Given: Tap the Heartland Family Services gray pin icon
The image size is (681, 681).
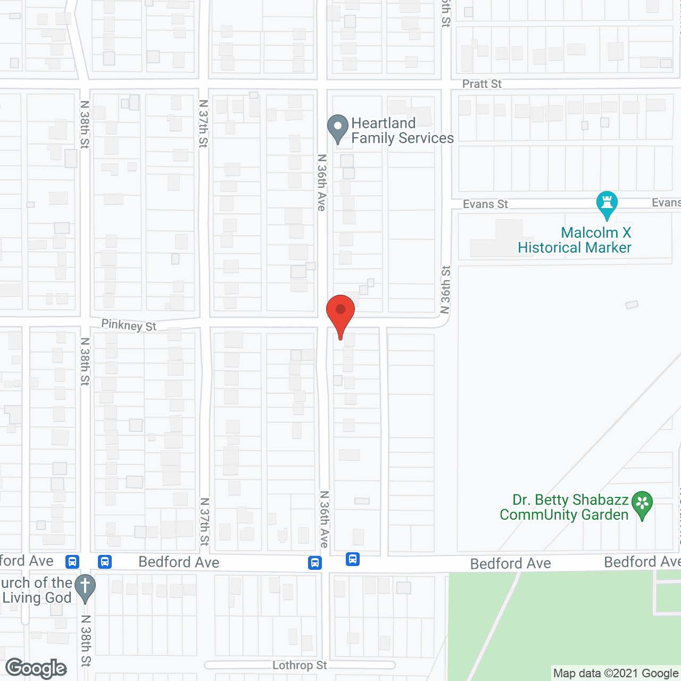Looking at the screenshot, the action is coord(337,128).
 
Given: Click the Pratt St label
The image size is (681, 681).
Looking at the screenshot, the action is coord(481,84).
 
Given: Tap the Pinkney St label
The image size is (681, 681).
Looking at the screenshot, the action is coord(129,325).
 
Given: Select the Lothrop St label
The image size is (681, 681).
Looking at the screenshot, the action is coord(300,666).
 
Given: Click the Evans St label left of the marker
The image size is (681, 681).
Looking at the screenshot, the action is coord(485,204).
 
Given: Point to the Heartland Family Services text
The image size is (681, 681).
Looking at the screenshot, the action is coord(402,131).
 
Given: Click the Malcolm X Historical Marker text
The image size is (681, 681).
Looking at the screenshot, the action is coord(575,240).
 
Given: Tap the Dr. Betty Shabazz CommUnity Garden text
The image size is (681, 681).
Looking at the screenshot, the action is coord(564,508).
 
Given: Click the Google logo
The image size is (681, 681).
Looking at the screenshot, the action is coord(36,668).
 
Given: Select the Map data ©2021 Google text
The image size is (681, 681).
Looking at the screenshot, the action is coord(616,674).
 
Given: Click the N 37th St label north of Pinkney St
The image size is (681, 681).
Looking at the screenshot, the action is coord(203,123).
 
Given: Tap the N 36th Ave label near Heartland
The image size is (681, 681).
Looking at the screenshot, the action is coord(322,182).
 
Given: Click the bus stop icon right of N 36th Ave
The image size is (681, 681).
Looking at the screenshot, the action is coord(352,559).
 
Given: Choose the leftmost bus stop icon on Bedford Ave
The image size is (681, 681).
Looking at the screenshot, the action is coord(72,562).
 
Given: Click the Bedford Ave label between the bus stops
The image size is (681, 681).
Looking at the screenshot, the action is coord(179,562).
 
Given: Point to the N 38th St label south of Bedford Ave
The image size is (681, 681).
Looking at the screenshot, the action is coord(86,641).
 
